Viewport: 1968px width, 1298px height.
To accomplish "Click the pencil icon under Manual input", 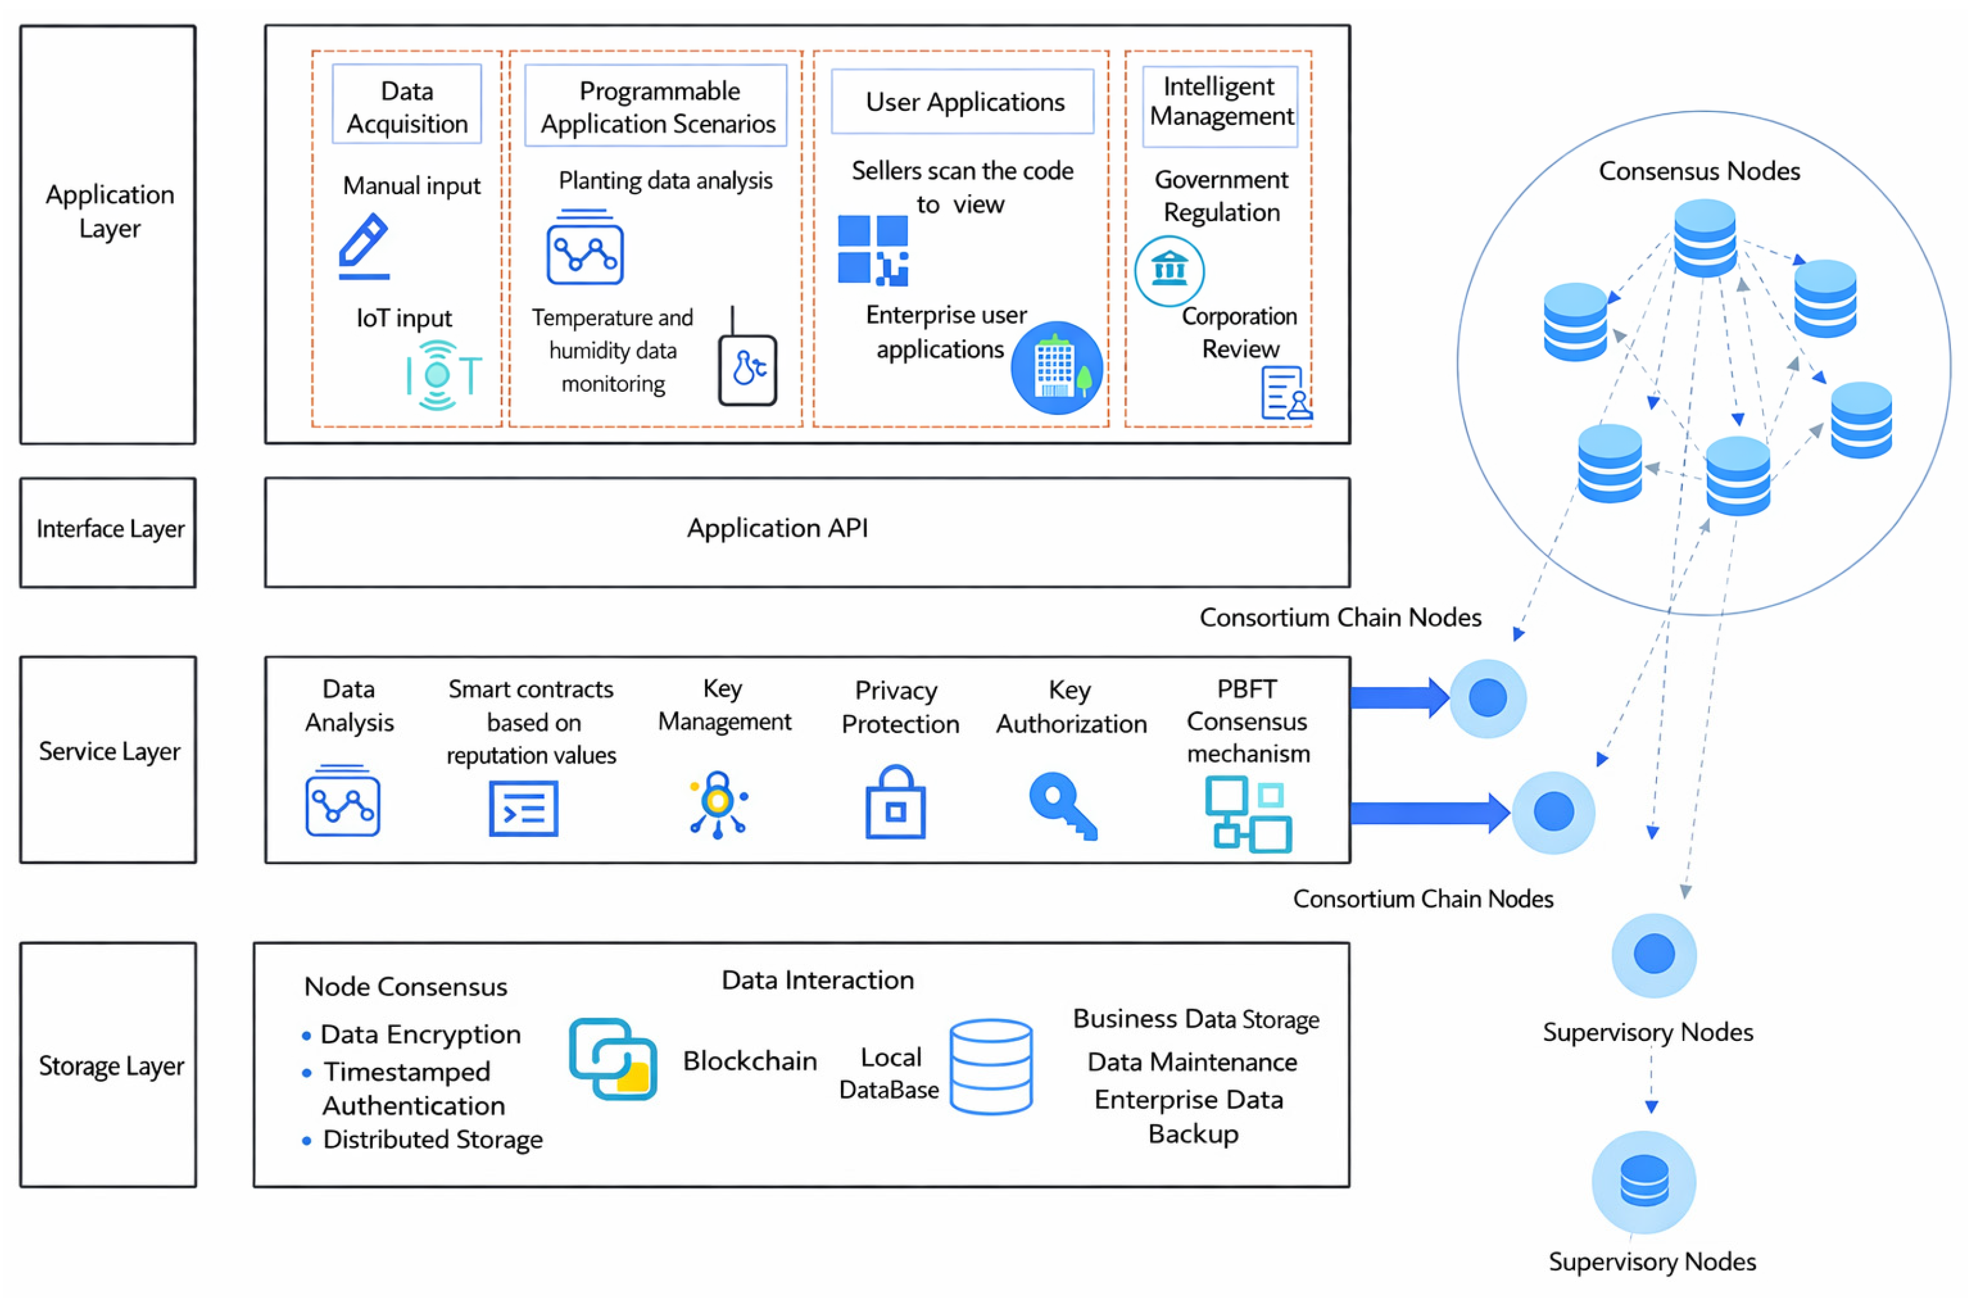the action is point(364,246).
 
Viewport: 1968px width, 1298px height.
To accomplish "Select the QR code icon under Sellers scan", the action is point(872,250).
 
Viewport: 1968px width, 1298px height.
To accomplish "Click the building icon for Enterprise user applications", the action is point(1056,367).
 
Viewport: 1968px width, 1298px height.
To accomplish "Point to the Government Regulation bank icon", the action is point(1169,271).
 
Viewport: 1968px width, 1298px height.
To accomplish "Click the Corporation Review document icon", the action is point(1286,392).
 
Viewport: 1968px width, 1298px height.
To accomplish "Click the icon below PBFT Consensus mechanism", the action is point(1248,814).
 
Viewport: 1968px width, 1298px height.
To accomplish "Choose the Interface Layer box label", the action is point(110,529).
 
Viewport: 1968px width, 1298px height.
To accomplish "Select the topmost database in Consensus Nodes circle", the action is point(1705,238).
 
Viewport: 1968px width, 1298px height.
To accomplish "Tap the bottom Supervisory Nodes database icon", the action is point(1644,1181).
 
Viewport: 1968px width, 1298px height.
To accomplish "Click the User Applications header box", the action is point(962,101).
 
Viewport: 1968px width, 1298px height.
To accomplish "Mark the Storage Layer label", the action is point(111,1066).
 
